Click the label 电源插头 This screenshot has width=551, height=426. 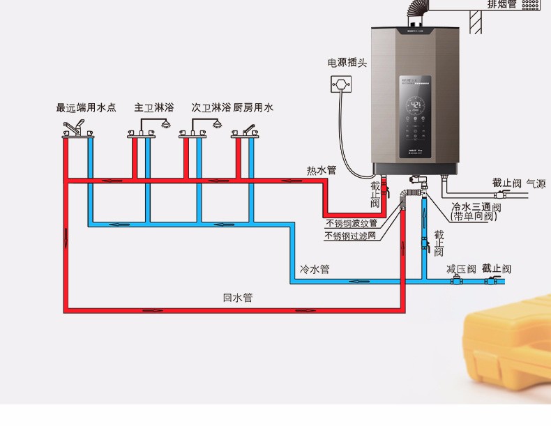(x=347, y=63)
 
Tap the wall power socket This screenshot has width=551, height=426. (x=341, y=85)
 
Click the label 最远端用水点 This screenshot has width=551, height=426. (x=86, y=108)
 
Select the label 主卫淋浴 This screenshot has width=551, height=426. (x=153, y=108)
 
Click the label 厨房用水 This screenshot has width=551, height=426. (x=253, y=108)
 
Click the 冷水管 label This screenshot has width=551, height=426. (x=314, y=269)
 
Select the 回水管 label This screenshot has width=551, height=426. (x=238, y=298)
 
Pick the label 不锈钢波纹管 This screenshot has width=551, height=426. (x=352, y=224)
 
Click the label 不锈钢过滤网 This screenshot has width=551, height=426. (x=350, y=236)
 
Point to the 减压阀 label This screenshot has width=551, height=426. (x=461, y=268)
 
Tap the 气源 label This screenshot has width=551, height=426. (x=536, y=184)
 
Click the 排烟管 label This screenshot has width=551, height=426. (x=502, y=4)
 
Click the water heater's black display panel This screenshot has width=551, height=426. (x=416, y=115)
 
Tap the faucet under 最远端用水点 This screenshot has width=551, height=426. (x=76, y=129)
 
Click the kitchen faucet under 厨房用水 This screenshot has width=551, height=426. (x=247, y=130)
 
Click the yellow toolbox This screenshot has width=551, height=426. (x=509, y=356)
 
